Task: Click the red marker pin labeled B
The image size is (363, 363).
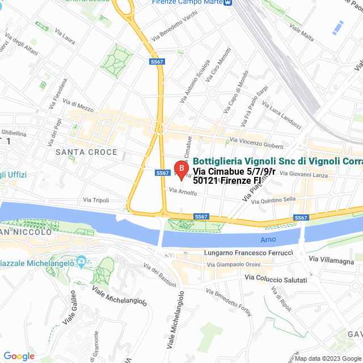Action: [181, 169]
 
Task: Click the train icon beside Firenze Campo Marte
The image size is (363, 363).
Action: [228, 2]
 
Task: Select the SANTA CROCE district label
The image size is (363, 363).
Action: [86, 152]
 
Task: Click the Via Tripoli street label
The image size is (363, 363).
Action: [95, 200]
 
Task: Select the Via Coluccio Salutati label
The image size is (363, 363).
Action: [276, 279]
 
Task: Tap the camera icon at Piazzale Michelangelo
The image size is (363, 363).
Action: [81, 263]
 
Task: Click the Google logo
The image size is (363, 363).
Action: [19, 356]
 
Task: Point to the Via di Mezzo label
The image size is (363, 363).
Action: [79, 105]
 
